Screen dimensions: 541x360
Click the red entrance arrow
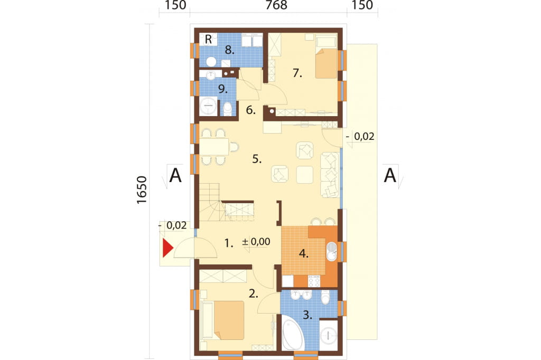[167, 248]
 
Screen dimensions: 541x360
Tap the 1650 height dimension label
[142, 190]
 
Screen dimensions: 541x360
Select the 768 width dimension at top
[276, 5]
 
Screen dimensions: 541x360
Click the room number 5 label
[257, 159]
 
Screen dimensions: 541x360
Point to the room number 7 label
[297, 73]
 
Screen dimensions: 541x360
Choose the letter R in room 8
[208, 39]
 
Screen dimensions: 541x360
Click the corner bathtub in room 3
[293, 334]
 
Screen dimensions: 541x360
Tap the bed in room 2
[223, 320]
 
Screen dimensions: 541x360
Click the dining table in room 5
[214, 147]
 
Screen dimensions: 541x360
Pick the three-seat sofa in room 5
[330, 175]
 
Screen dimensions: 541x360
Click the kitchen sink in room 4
[332, 252]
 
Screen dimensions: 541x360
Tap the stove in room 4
[314, 281]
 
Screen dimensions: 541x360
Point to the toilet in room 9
[228, 108]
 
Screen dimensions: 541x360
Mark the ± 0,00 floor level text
[256, 241]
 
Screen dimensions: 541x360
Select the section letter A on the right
[390, 175]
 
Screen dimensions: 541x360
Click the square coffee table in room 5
[305, 175]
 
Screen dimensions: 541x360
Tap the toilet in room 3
[325, 297]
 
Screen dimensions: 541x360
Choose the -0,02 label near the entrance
[173, 225]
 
